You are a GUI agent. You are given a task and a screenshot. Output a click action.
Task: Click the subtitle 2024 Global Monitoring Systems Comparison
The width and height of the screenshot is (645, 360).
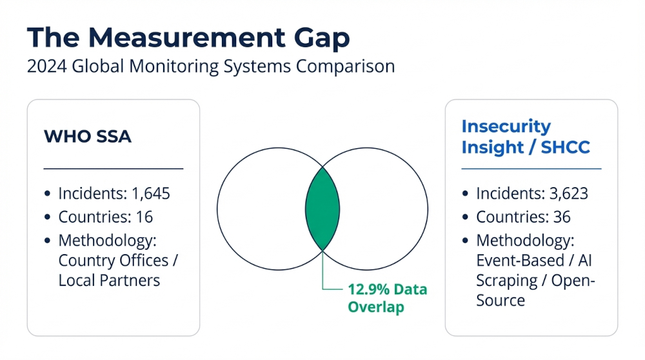(210, 67)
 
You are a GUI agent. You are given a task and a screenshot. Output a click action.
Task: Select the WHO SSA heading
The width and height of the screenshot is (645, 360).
(87, 136)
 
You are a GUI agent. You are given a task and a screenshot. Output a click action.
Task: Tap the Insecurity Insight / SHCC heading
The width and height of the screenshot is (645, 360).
(525, 137)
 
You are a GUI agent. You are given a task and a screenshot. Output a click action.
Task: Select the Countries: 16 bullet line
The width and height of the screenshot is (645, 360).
(105, 217)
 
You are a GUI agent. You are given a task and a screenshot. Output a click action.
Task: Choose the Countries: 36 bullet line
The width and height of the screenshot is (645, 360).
(523, 217)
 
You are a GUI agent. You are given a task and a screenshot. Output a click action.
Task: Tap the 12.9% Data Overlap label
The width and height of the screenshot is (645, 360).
(387, 298)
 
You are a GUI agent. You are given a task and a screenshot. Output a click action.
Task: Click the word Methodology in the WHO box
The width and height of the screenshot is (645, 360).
(107, 241)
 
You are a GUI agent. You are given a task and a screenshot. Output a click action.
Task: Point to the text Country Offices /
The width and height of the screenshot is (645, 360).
(117, 261)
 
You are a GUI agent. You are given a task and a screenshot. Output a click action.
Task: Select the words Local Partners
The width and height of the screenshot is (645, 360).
(109, 281)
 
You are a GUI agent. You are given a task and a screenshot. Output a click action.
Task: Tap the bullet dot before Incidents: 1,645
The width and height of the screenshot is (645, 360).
(48, 194)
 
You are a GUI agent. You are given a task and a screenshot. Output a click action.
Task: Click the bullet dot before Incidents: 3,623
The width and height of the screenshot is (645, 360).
(466, 194)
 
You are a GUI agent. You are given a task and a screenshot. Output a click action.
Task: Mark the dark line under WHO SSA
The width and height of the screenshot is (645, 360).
(114, 168)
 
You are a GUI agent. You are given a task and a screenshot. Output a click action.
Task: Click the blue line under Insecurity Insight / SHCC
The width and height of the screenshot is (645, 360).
(531, 169)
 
